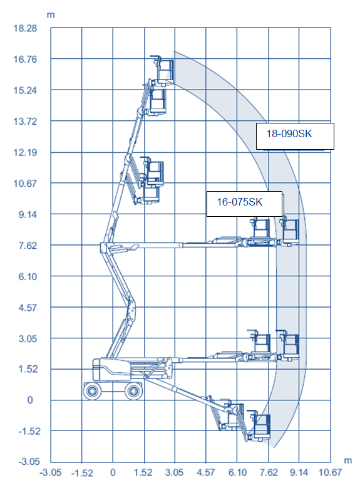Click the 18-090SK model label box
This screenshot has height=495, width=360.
click(295, 136)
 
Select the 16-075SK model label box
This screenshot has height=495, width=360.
click(244, 204)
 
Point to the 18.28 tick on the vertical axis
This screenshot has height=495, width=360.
click(25, 28)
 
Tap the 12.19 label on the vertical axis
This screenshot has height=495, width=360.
click(25, 152)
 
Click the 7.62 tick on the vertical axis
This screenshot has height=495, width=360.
click(28, 245)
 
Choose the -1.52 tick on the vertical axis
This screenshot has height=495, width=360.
click(29, 431)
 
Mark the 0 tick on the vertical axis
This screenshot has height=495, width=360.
click(30, 400)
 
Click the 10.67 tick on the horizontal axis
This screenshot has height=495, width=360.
click(330, 472)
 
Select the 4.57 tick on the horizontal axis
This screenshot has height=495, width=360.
click(206, 472)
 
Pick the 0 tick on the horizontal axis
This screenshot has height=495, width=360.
click(113, 472)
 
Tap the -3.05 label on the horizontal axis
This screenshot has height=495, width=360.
click(51, 472)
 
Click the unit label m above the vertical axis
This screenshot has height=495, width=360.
click(51, 15)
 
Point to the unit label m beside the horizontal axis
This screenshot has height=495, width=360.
click(347, 461)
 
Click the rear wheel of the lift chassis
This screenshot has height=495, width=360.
click(92, 391)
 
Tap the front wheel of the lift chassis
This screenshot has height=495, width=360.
click(133, 391)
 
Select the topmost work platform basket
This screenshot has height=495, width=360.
click(163, 70)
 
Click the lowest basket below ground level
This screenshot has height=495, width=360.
click(260, 425)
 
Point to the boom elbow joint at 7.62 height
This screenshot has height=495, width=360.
click(103, 247)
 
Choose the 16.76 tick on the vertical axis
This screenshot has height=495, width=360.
click(25, 60)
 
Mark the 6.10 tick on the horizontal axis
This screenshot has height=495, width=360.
click(237, 472)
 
